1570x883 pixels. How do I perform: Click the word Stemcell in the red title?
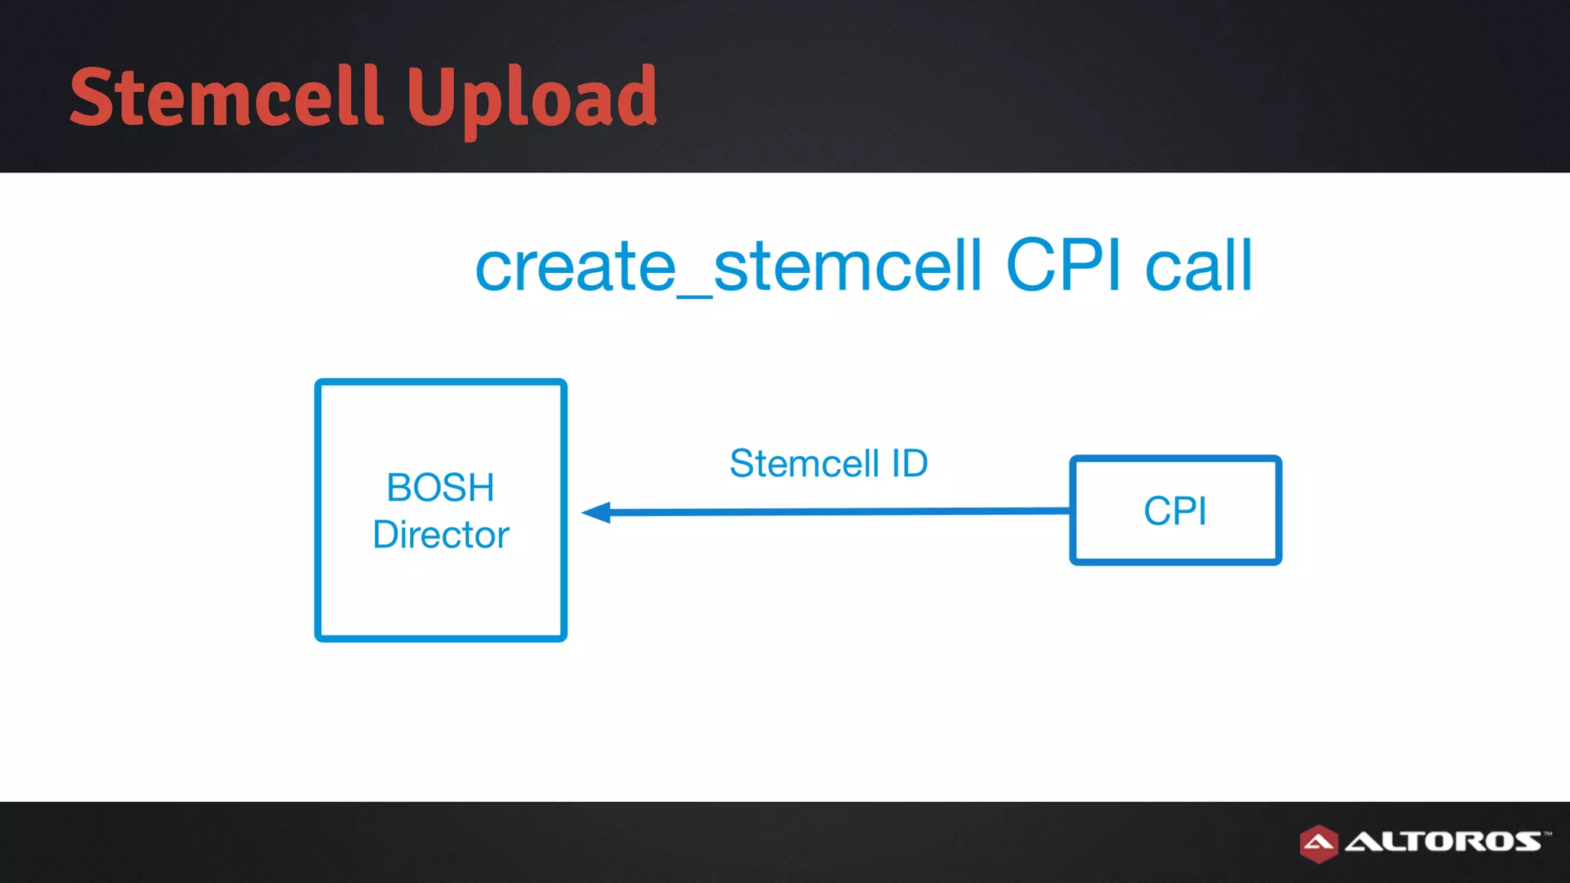tap(226, 97)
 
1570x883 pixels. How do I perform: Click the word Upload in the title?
tap(531, 97)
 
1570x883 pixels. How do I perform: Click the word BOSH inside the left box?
tap(440, 487)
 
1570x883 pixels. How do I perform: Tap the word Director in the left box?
tap(440, 534)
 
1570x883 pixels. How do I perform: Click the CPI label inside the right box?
tap(1174, 510)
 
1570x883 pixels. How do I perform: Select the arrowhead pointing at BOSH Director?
tap(597, 512)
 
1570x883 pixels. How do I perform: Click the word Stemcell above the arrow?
tap(804, 463)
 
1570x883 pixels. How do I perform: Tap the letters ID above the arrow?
tap(909, 463)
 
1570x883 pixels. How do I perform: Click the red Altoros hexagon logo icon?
tap(1319, 844)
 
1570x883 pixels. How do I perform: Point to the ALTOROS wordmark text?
tap(1443, 842)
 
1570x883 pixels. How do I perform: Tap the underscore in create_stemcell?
tap(695, 294)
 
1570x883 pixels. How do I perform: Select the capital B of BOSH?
tap(399, 487)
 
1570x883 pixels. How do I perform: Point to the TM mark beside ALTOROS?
tap(1548, 832)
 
